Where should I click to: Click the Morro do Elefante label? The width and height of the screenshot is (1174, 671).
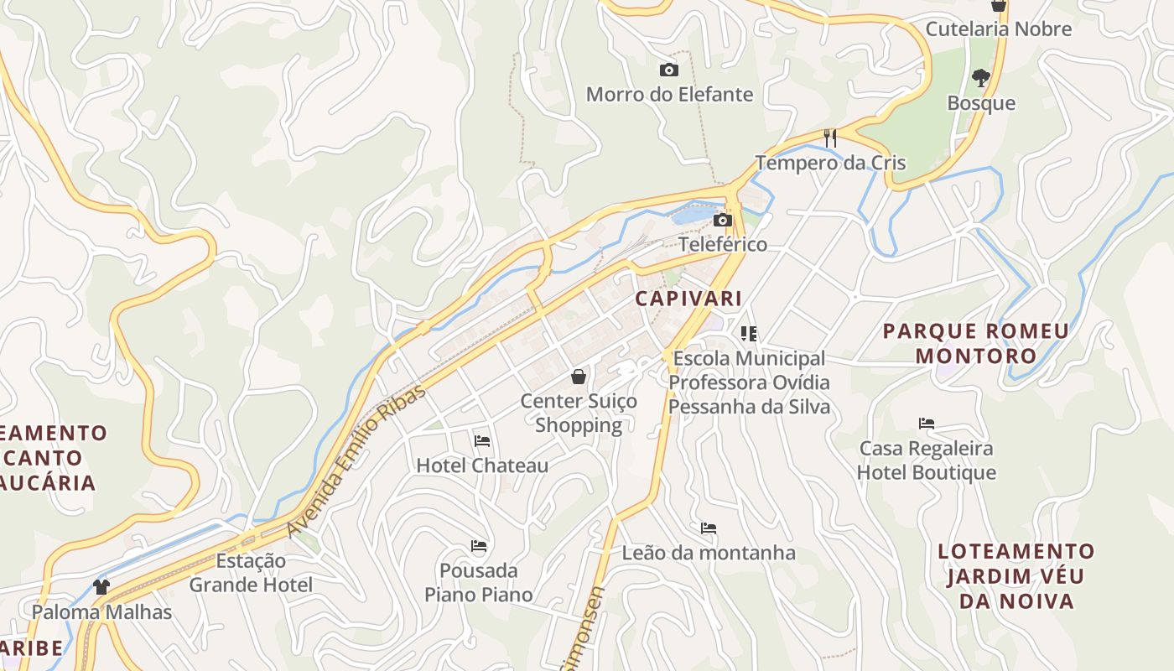pos(669,94)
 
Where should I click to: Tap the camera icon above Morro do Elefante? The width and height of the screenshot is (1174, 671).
pos(668,70)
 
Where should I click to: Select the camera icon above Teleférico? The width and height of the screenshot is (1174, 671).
pos(722,221)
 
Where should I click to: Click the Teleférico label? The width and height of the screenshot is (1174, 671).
pos(722,244)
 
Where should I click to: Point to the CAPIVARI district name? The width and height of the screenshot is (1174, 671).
pos(688,299)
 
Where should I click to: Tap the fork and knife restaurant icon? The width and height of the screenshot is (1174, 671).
pos(830,138)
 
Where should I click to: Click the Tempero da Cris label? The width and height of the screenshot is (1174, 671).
pos(830,163)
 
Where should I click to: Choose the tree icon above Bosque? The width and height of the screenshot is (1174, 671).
pos(980,79)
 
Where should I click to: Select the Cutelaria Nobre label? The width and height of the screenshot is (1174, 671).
pos(998,29)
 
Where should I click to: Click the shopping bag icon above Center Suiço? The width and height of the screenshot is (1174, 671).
pos(578,377)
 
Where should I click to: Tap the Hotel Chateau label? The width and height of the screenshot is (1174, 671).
pos(482,466)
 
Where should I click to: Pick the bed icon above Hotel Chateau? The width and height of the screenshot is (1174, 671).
pos(481,441)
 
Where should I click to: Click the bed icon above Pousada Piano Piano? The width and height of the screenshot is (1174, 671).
pos(479,546)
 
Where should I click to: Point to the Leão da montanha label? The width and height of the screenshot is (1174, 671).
pos(709,553)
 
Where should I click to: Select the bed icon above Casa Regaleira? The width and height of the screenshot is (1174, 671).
pos(926,424)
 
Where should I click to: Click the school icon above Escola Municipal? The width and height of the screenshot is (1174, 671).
pos(749,334)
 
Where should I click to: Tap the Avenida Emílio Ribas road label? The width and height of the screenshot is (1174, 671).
pos(356,462)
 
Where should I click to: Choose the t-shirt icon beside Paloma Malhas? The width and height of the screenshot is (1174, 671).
pos(101,586)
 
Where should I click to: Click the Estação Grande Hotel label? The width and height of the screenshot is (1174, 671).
pos(251,573)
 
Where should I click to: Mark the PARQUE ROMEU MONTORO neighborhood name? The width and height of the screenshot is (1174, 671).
pos(976,343)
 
